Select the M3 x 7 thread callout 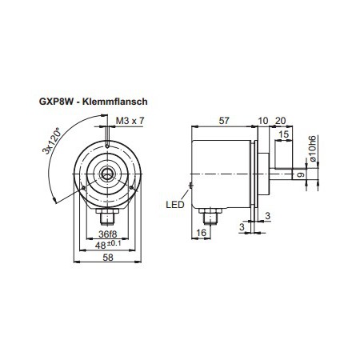pos(130,120)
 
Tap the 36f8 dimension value pos(106,234)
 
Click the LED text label pos(176,204)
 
